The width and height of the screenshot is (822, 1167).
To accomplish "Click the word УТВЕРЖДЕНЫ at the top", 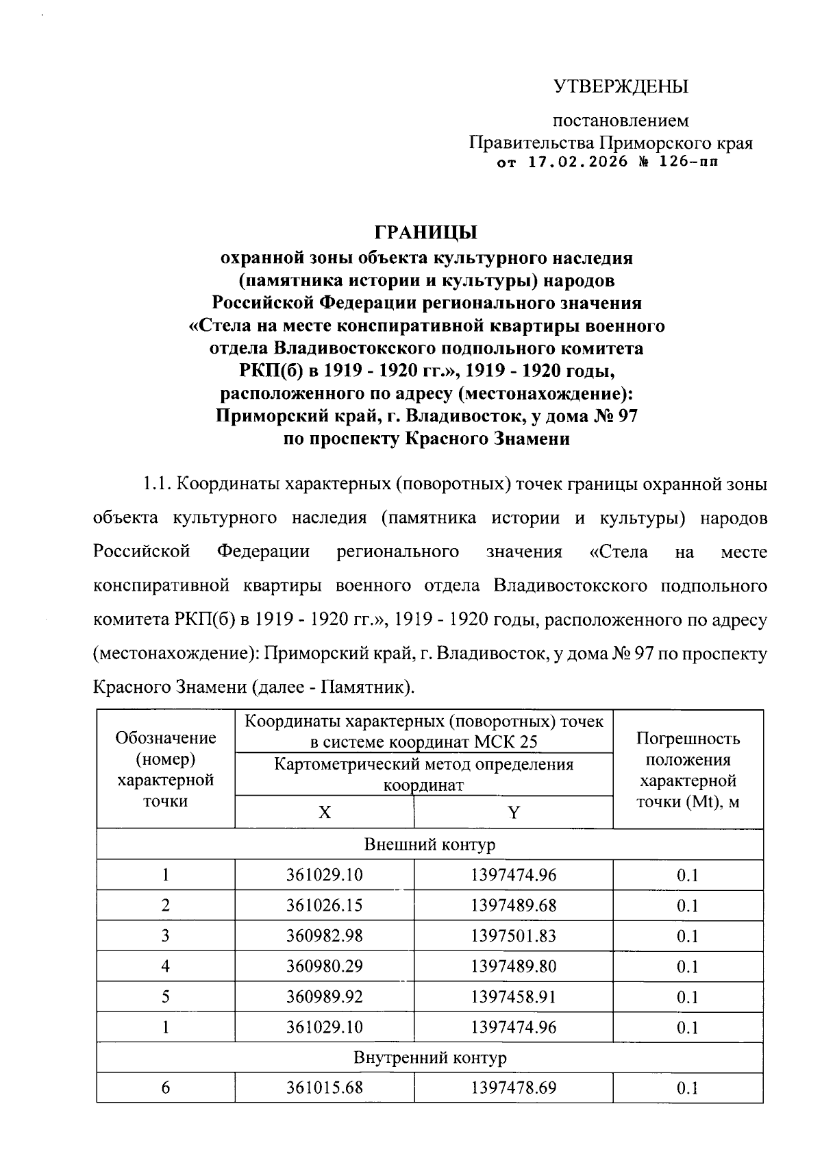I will (x=621, y=87).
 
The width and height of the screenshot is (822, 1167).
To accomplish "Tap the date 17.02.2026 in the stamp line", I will (x=579, y=163).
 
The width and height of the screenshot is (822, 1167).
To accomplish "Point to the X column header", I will (x=324, y=813).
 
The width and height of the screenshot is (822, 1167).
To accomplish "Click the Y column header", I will (x=513, y=813).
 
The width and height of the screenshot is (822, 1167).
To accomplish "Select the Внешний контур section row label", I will (x=429, y=844).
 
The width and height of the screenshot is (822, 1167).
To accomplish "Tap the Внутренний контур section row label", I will (x=429, y=1057).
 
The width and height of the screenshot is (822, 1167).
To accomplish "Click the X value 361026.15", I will (x=324, y=905).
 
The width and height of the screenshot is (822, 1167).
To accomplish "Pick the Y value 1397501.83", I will (x=513, y=936).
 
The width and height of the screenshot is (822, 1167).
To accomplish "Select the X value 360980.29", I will (x=324, y=966).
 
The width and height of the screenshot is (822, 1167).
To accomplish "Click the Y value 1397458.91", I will (x=513, y=996).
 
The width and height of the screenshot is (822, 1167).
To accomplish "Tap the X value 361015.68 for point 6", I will (x=324, y=1088).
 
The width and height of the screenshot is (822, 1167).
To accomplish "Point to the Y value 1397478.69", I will (x=513, y=1088).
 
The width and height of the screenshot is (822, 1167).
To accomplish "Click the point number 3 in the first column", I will (x=166, y=936).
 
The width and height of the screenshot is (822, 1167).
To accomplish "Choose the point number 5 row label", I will (x=166, y=996).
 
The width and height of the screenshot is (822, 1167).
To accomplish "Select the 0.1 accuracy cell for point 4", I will (x=687, y=966).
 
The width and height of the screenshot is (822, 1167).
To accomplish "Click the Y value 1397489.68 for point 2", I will (x=513, y=905).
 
